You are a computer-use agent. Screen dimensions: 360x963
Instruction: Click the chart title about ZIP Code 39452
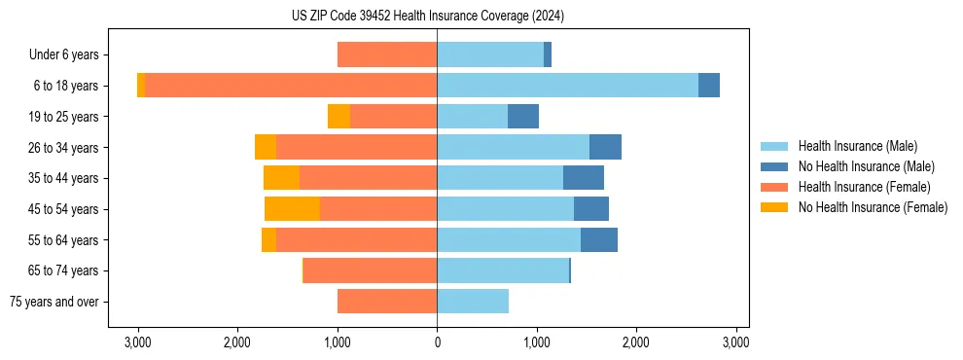pyautogui.click(x=427, y=16)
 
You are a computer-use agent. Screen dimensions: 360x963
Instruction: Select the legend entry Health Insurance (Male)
pyautogui.click(x=856, y=146)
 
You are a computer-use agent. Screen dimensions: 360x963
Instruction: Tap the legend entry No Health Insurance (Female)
pyautogui.click(x=873, y=207)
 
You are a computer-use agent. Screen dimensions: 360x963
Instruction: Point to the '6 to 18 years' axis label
pyautogui.click(x=67, y=86)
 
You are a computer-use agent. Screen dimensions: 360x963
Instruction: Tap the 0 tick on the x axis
pyautogui.click(x=437, y=342)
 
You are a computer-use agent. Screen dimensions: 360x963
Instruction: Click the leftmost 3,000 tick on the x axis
pyautogui.click(x=138, y=342)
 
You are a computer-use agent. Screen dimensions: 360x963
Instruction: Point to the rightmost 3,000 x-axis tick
pyautogui.click(x=735, y=342)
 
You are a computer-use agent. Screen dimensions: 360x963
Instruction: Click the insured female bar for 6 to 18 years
pyautogui.click(x=291, y=86)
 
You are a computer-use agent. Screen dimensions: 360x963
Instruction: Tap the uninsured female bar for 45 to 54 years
pyautogui.click(x=292, y=209)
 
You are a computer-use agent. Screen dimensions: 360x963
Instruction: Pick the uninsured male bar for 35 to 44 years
pyautogui.click(x=584, y=178)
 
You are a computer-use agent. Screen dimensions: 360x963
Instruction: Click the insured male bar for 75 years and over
pyautogui.click(x=473, y=302)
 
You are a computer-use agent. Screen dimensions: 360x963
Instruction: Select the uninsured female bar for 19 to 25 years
pyautogui.click(x=339, y=117)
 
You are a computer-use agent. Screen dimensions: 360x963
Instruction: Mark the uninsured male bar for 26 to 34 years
pyautogui.click(x=605, y=147)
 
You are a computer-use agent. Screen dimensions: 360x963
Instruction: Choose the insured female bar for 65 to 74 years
pyautogui.click(x=370, y=270)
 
